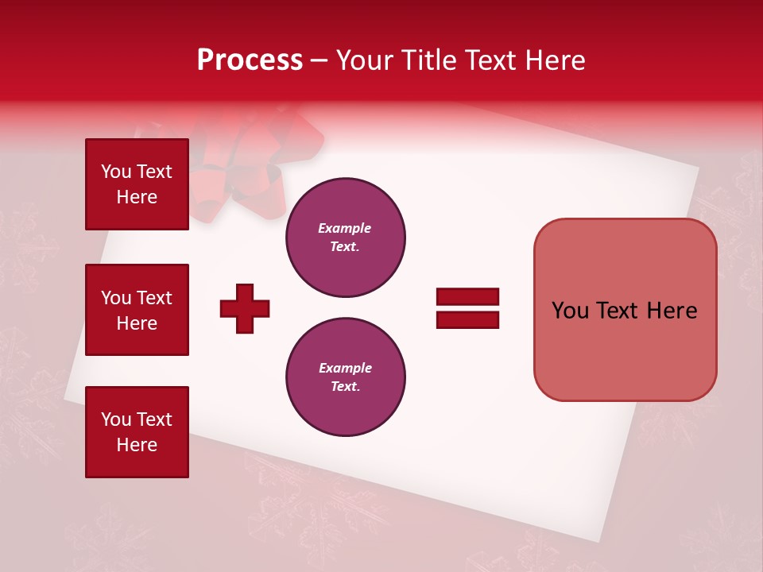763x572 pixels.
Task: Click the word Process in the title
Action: tap(250, 60)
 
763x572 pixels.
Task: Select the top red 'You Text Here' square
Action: tap(137, 184)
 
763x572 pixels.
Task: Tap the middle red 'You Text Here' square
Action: tap(137, 310)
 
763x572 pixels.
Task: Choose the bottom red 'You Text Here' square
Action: tap(137, 431)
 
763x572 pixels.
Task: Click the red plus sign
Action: tap(245, 308)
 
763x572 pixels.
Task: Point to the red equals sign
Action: tap(467, 308)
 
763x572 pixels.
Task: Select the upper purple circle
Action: tap(345, 238)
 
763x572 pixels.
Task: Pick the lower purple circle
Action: tap(345, 377)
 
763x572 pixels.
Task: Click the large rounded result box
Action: tap(625, 310)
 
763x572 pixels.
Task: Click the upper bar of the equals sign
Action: tap(467, 297)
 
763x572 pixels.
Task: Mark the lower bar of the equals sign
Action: tap(467, 319)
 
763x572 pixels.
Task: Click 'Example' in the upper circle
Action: tap(345, 228)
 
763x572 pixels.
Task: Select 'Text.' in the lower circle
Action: tap(345, 387)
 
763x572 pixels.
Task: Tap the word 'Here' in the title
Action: tap(556, 60)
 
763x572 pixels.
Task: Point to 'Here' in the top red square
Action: tap(137, 197)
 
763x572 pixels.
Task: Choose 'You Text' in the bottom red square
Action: tap(137, 419)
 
